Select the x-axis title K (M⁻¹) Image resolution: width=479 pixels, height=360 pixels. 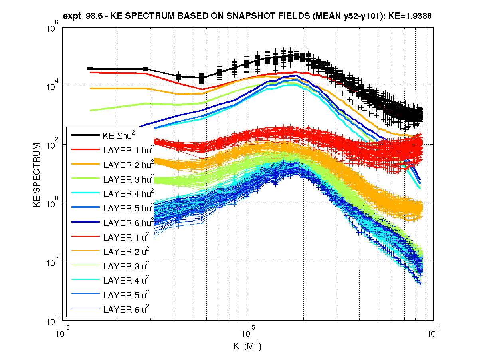tap(247, 346)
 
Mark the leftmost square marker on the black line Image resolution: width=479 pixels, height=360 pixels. tap(90, 69)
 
